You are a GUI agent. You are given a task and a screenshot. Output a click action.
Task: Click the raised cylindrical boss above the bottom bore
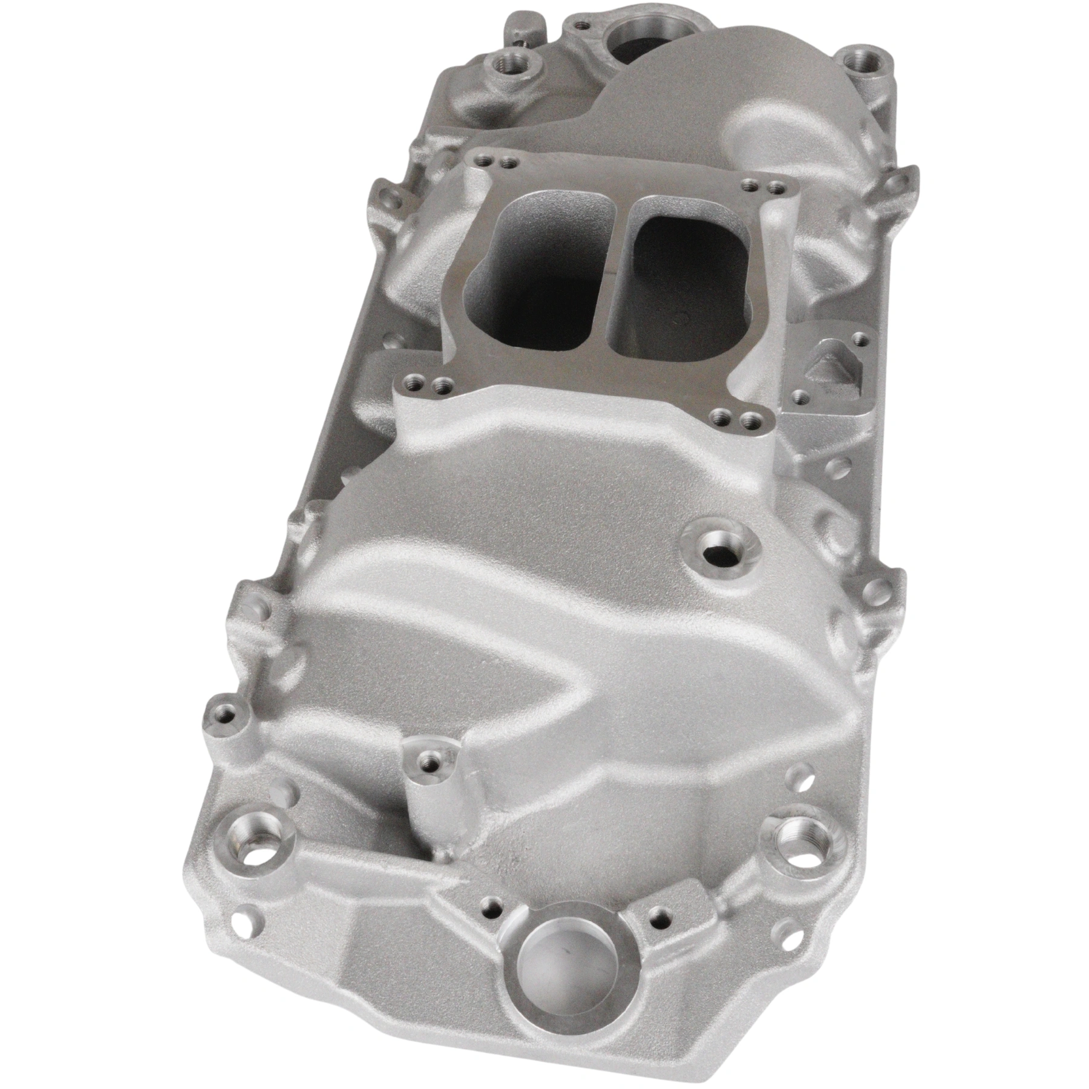430,762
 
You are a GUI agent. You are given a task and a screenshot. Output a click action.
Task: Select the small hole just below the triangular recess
800,397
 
